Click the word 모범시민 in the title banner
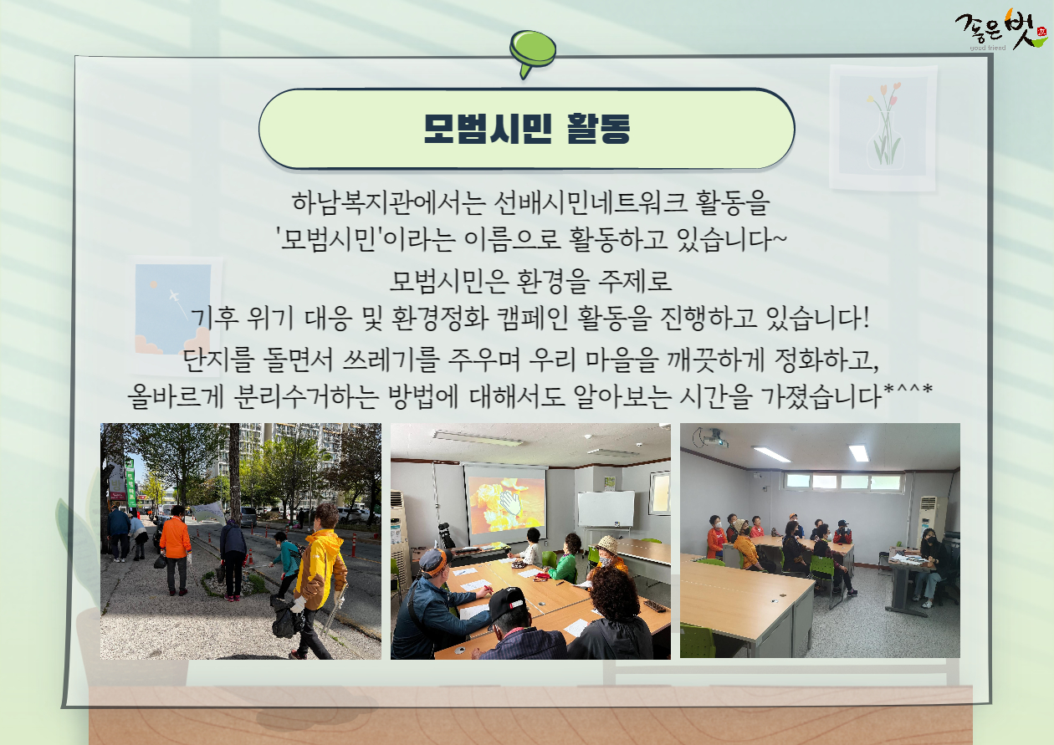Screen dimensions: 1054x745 point(488,129)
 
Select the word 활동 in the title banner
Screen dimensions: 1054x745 point(599,129)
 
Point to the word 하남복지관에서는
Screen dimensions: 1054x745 point(389,202)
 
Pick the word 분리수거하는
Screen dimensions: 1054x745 point(306,395)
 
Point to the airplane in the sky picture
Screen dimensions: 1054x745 point(174,296)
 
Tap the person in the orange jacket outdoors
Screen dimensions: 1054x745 point(176,550)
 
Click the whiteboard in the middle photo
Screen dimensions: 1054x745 point(606,508)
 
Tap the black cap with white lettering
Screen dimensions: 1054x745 point(507,603)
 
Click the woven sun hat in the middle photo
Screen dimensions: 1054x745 point(606,544)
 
